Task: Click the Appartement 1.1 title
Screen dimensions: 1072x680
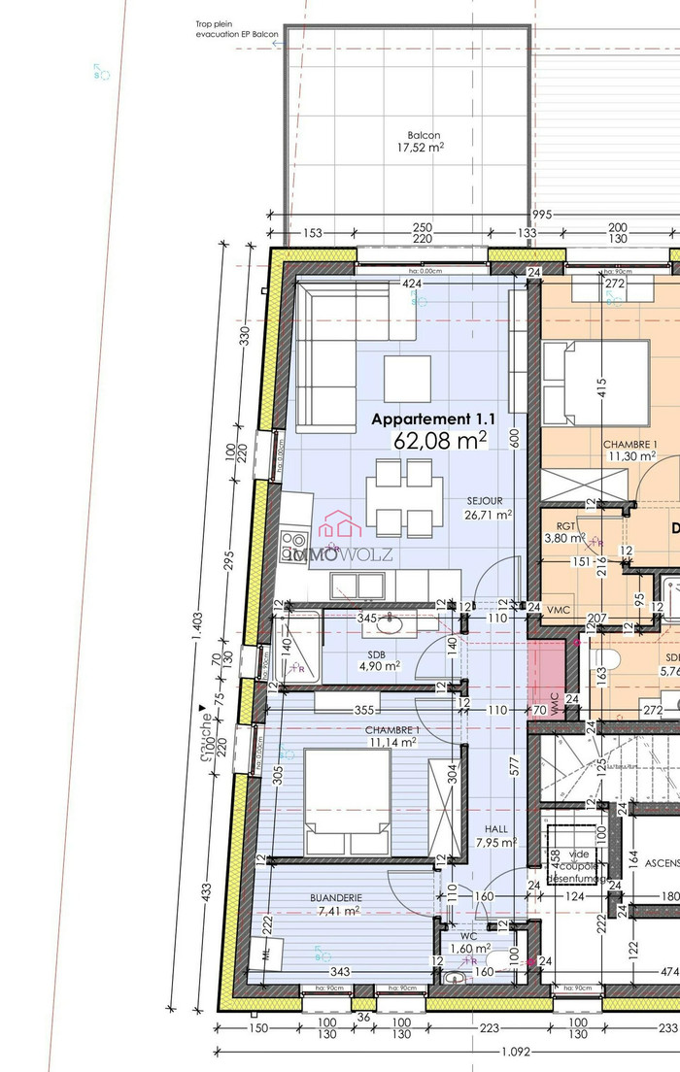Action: (434, 419)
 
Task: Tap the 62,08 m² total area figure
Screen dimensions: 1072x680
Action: (439, 441)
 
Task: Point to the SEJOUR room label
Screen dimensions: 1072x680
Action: (484, 501)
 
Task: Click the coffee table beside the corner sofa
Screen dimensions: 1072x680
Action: (407, 379)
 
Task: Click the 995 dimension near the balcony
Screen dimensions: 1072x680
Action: (541, 215)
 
